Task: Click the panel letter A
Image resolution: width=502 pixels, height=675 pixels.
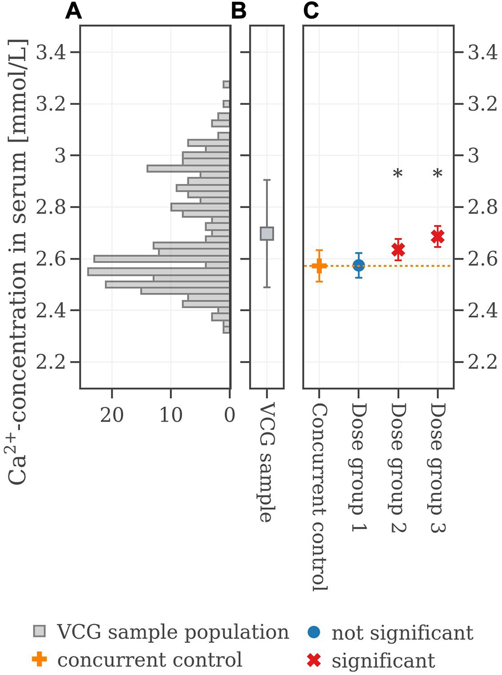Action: pos(74,12)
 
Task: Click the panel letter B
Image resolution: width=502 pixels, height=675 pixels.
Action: pos(239,12)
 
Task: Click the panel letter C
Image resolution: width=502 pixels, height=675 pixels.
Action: pos(311,12)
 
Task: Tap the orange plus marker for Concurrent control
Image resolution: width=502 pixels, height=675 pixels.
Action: pos(319,266)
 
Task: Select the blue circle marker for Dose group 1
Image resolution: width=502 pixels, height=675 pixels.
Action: pos(358,266)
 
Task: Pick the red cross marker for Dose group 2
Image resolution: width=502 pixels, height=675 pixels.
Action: pos(398,250)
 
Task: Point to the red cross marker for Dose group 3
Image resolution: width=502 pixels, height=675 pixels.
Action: pos(437,237)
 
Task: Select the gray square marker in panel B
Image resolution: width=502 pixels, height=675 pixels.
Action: pos(267,234)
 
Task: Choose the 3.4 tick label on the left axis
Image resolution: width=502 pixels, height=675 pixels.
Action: pos(50,53)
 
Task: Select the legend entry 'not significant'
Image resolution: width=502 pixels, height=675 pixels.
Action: pos(402,632)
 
